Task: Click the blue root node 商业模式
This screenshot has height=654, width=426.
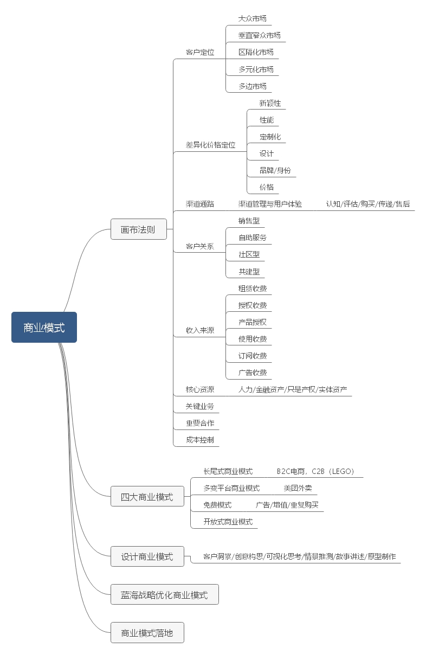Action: click(44, 328)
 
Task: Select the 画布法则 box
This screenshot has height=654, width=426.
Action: click(138, 229)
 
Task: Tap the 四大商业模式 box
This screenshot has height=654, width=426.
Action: click(147, 497)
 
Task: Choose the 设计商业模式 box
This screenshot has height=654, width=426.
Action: click(147, 556)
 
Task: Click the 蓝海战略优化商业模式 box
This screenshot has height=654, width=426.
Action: click(164, 595)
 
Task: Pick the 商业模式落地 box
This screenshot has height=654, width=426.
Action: click(147, 632)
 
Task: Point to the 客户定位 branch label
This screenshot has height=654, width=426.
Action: click(200, 53)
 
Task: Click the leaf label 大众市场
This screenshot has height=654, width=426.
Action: click(253, 18)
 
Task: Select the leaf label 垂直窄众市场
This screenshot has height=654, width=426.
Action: click(260, 35)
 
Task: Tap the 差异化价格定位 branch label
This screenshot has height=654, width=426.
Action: click(211, 145)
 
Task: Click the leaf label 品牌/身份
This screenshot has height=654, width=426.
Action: click(275, 170)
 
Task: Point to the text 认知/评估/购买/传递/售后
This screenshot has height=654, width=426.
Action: click(368, 204)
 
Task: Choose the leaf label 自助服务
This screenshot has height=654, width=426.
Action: click(253, 238)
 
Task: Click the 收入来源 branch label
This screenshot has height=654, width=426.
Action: click(200, 330)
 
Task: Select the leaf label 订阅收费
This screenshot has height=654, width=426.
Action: click(253, 356)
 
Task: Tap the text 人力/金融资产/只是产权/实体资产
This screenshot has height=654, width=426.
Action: click(293, 389)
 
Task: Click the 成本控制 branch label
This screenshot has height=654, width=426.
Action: click(200, 440)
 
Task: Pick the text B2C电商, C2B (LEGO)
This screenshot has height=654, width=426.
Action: click(315, 471)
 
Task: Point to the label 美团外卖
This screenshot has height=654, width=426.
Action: click(298, 488)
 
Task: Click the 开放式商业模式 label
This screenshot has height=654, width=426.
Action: click(228, 522)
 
